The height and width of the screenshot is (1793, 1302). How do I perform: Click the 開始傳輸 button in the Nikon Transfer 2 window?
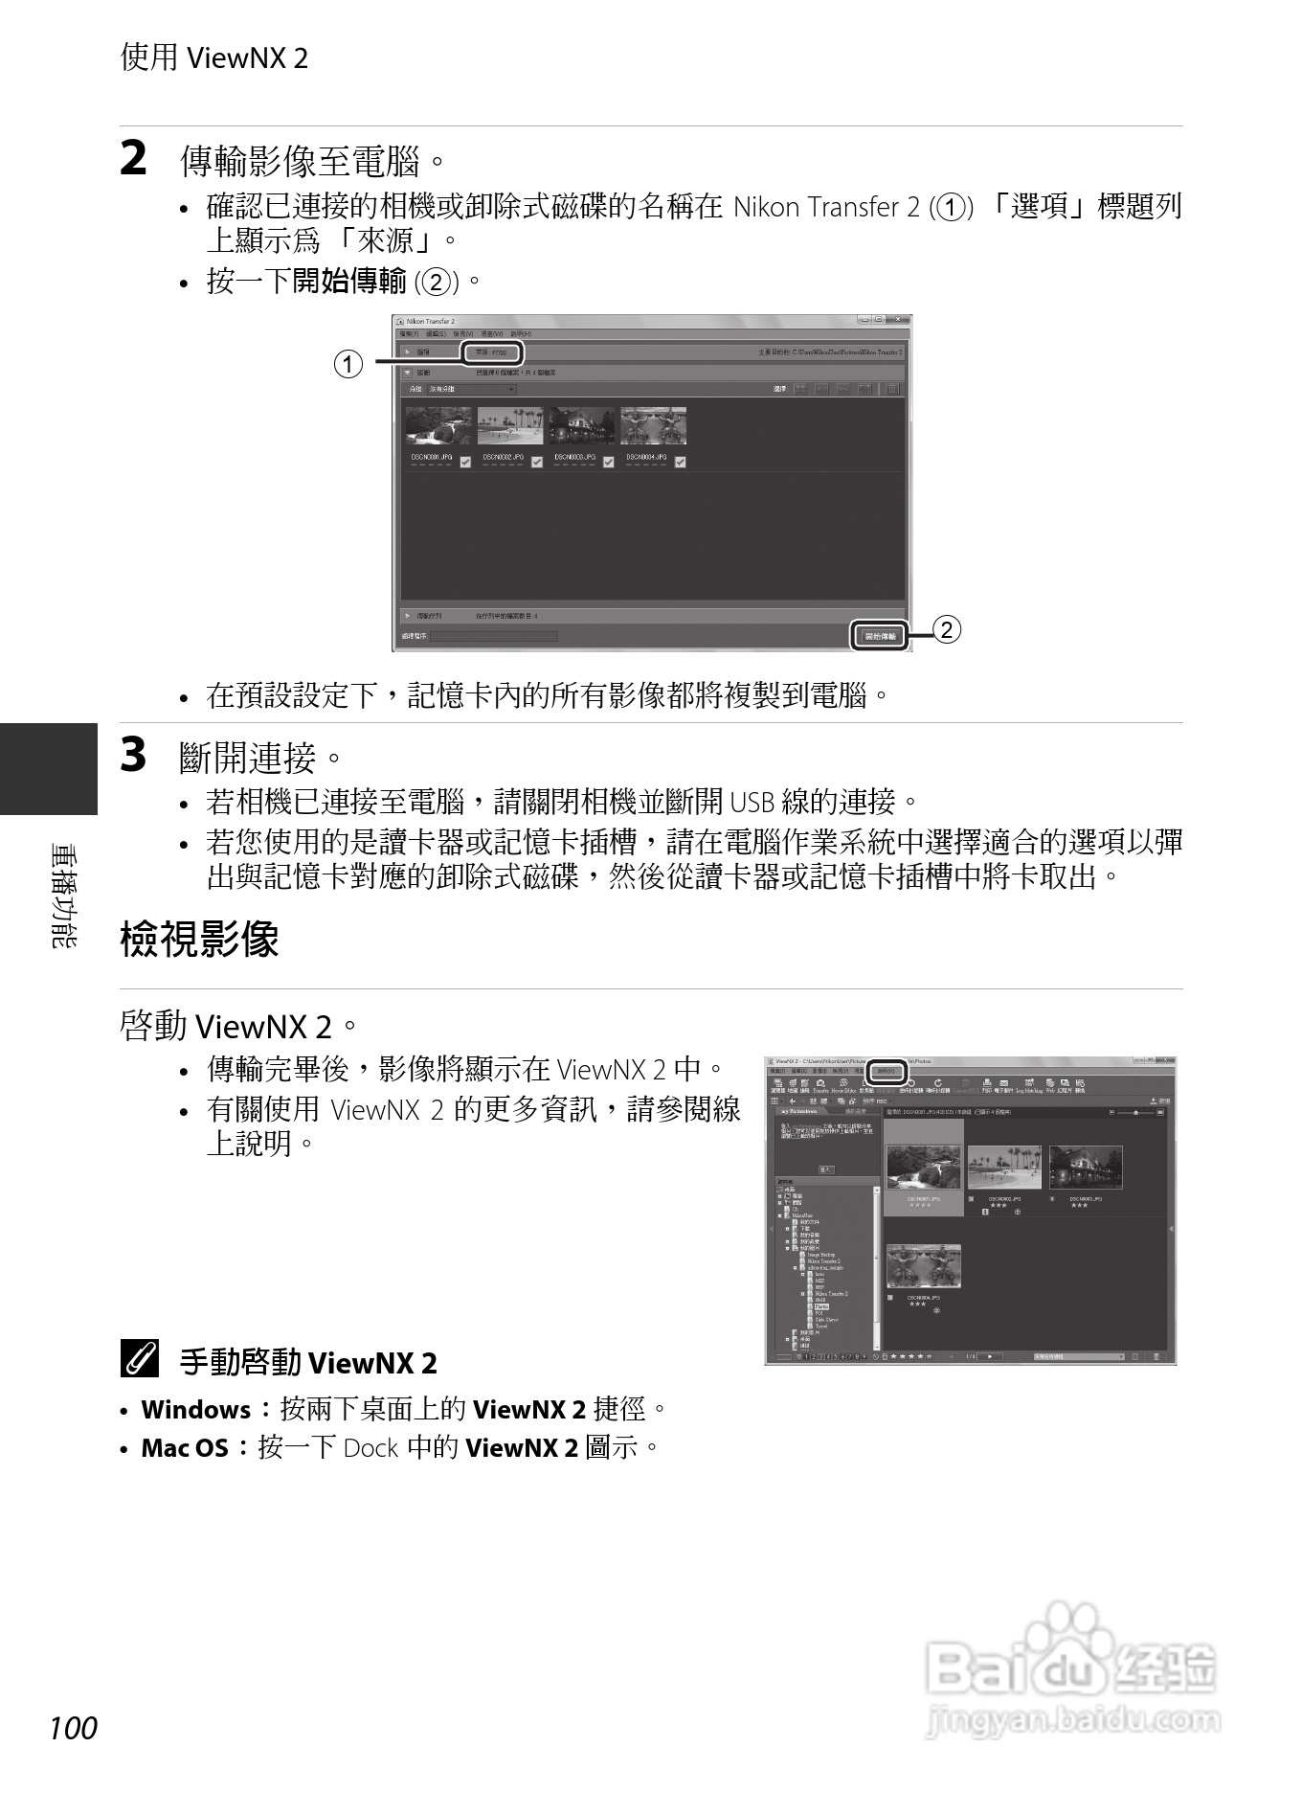click(x=880, y=636)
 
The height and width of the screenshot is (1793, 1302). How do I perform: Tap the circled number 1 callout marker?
click(x=348, y=364)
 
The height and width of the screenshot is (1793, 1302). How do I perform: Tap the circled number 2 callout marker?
click(x=946, y=629)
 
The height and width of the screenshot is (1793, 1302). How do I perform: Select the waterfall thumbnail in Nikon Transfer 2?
click(x=438, y=425)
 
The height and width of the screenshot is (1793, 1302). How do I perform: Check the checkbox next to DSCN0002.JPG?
click(x=537, y=462)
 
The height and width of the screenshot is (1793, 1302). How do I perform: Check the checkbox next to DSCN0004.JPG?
click(x=680, y=462)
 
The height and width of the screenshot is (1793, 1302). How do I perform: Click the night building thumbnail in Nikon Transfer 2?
click(x=582, y=425)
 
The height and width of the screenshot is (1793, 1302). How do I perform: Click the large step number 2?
click(x=134, y=158)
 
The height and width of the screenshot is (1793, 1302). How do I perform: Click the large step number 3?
click(x=134, y=755)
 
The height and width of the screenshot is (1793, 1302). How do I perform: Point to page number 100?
click(x=74, y=1729)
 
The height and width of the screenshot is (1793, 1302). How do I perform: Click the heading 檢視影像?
click(x=199, y=939)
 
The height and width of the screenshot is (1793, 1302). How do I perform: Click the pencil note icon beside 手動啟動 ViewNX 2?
click(x=140, y=1360)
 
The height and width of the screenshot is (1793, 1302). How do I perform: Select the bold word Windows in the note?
click(x=195, y=1410)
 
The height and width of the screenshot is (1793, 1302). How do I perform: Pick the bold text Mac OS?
click(x=185, y=1448)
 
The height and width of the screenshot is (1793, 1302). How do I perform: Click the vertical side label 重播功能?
click(x=64, y=896)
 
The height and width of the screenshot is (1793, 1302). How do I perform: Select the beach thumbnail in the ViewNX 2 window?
click(x=1004, y=1167)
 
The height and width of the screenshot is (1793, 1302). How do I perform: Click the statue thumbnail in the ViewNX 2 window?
click(x=923, y=1265)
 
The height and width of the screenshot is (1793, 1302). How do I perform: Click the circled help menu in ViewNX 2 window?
click(x=887, y=1072)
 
